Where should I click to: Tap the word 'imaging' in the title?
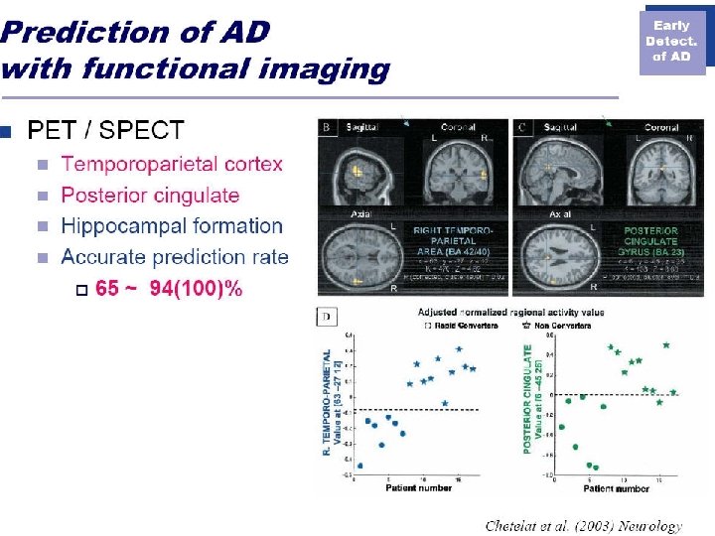(x=334, y=69)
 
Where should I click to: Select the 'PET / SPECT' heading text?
(x=105, y=130)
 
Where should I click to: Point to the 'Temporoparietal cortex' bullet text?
(x=172, y=164)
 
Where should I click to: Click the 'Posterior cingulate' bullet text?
(x=150, y=196)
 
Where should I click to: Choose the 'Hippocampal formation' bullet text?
(x=172, y=226)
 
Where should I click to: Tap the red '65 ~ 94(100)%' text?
(x=169, y=288)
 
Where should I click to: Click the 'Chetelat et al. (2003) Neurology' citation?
(x=584, y=525)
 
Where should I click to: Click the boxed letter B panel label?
(x=327, y=127)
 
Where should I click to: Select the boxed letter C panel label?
(x=523, y=127)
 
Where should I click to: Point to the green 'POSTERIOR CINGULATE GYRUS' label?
(x=650, y=239)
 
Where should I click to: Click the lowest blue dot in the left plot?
(x=358, y=465)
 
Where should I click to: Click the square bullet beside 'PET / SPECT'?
(x=6, y=131)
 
